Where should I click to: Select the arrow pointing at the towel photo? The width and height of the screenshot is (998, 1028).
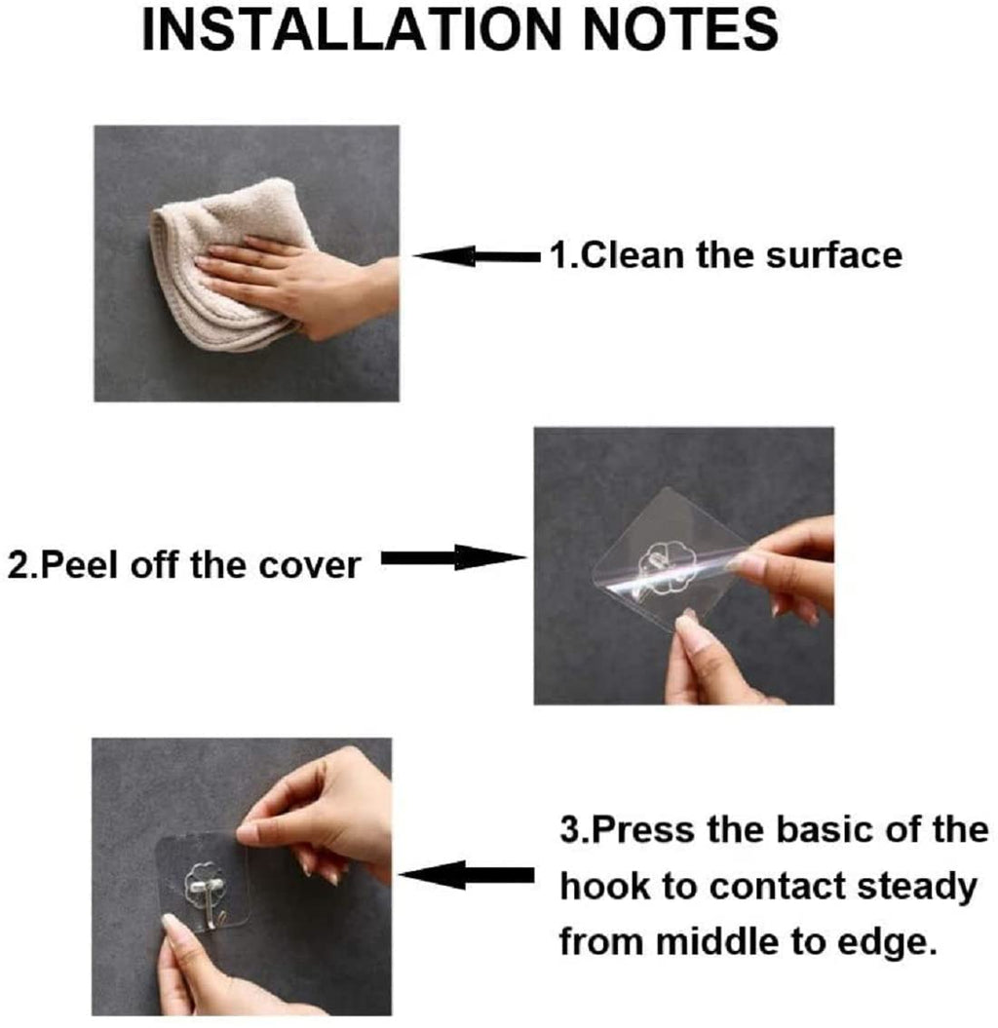pyautogui.click(x=478, y=257)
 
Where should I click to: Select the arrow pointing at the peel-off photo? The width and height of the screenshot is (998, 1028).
pyautogui.click(x=453, y=558)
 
